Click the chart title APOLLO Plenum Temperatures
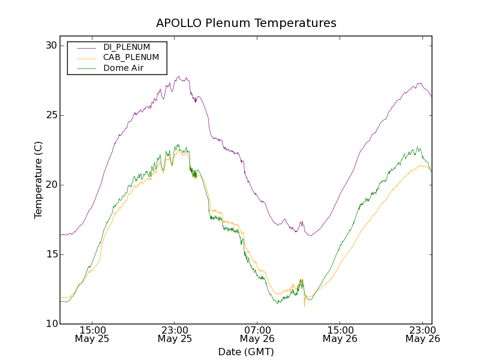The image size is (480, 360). pos(246,23)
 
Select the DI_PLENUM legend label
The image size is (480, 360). pos(127,47)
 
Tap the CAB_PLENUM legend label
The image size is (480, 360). pos(131,58)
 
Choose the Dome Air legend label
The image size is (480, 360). pos(123,68)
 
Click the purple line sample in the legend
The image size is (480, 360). pos(86,47)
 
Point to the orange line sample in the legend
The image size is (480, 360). pos(86,58)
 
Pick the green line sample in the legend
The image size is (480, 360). pos(86,68)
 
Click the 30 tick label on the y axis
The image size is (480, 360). pos(50,46)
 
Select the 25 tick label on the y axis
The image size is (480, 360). pos(50,115)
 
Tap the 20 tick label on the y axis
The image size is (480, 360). pos(50,185)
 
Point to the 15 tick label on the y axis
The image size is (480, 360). pos(50,254)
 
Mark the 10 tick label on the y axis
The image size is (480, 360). pos(50,324)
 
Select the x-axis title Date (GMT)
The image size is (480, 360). pos(246,352)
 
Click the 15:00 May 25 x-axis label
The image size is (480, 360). pos(92,334)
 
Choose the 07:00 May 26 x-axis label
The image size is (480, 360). pos(257,334)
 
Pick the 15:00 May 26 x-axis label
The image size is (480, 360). pos(340,334)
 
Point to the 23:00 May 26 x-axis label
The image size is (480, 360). pos(422,334)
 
